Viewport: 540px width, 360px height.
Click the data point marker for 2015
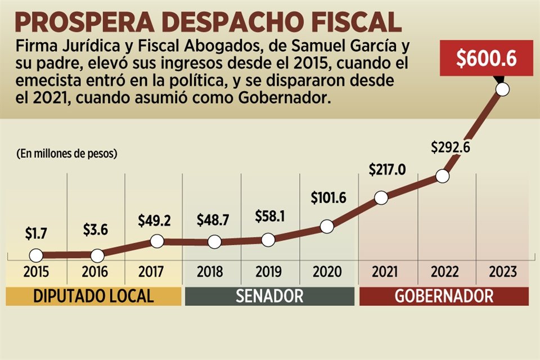pos(35,255)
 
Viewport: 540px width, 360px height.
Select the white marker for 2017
pos(157,241)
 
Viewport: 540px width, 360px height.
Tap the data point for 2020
pos(327,227)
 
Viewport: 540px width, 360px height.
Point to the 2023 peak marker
pos(503,89)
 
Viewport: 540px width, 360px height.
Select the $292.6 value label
pos(451,147)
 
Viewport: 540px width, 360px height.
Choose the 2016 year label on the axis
pos(95,272)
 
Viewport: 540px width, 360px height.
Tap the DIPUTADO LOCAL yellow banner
pos(93,296)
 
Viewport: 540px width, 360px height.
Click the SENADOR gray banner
pos(269,296)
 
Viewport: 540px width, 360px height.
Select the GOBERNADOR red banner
pos(444,296)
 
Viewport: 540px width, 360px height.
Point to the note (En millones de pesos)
pos(67,153)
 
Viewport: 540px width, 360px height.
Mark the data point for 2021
pos(381,198)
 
